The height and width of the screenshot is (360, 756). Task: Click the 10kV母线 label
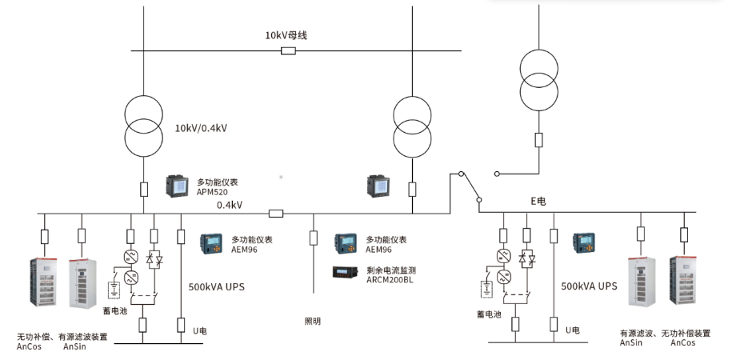tap(286, 35)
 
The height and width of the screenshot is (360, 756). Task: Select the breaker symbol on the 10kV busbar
tap(289, 51)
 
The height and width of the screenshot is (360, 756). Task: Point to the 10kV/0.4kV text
tap(202, 127)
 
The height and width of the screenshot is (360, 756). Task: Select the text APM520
tap(212, 192)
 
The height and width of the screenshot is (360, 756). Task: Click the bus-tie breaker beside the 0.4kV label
tap(276, 214)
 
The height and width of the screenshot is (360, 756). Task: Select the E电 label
tap(538, 202)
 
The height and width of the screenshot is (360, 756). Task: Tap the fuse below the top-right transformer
tap(538, 140)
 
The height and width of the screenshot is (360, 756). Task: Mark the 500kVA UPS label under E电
tap(589, 286)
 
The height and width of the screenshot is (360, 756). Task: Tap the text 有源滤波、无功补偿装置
tap(664, 333)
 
